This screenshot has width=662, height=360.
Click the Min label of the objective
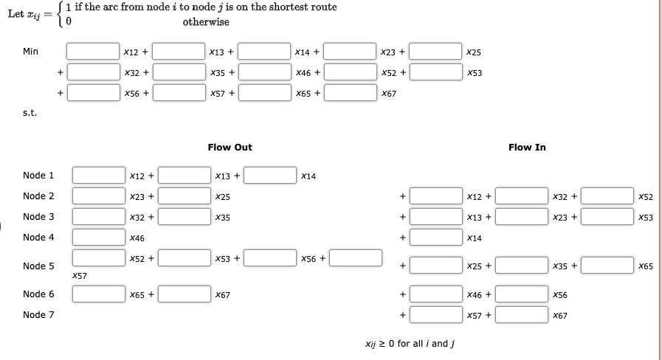click(30, 52)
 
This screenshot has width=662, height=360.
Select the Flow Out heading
click(230, 148)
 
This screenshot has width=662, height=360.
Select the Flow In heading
click(527, 148)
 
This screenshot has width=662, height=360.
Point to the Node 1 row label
click(38, 176)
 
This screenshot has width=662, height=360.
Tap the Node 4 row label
click(38, 238)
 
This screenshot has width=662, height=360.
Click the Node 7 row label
click(38, 314)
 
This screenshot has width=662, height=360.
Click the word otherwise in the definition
click(206, 22)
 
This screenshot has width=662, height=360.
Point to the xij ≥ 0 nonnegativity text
click(410, 344)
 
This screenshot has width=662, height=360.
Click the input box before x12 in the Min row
click(93, 52)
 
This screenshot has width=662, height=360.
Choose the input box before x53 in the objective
click(435, 72)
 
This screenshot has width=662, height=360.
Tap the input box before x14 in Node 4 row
click(435, 238)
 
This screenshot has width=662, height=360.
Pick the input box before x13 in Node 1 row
click(184, 176)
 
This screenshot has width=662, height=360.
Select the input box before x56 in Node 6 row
click(521, 294)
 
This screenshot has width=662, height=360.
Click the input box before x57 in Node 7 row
click(435, 315)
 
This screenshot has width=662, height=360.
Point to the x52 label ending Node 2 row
click(646, 197)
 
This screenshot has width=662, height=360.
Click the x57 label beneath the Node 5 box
click(80, 276)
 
